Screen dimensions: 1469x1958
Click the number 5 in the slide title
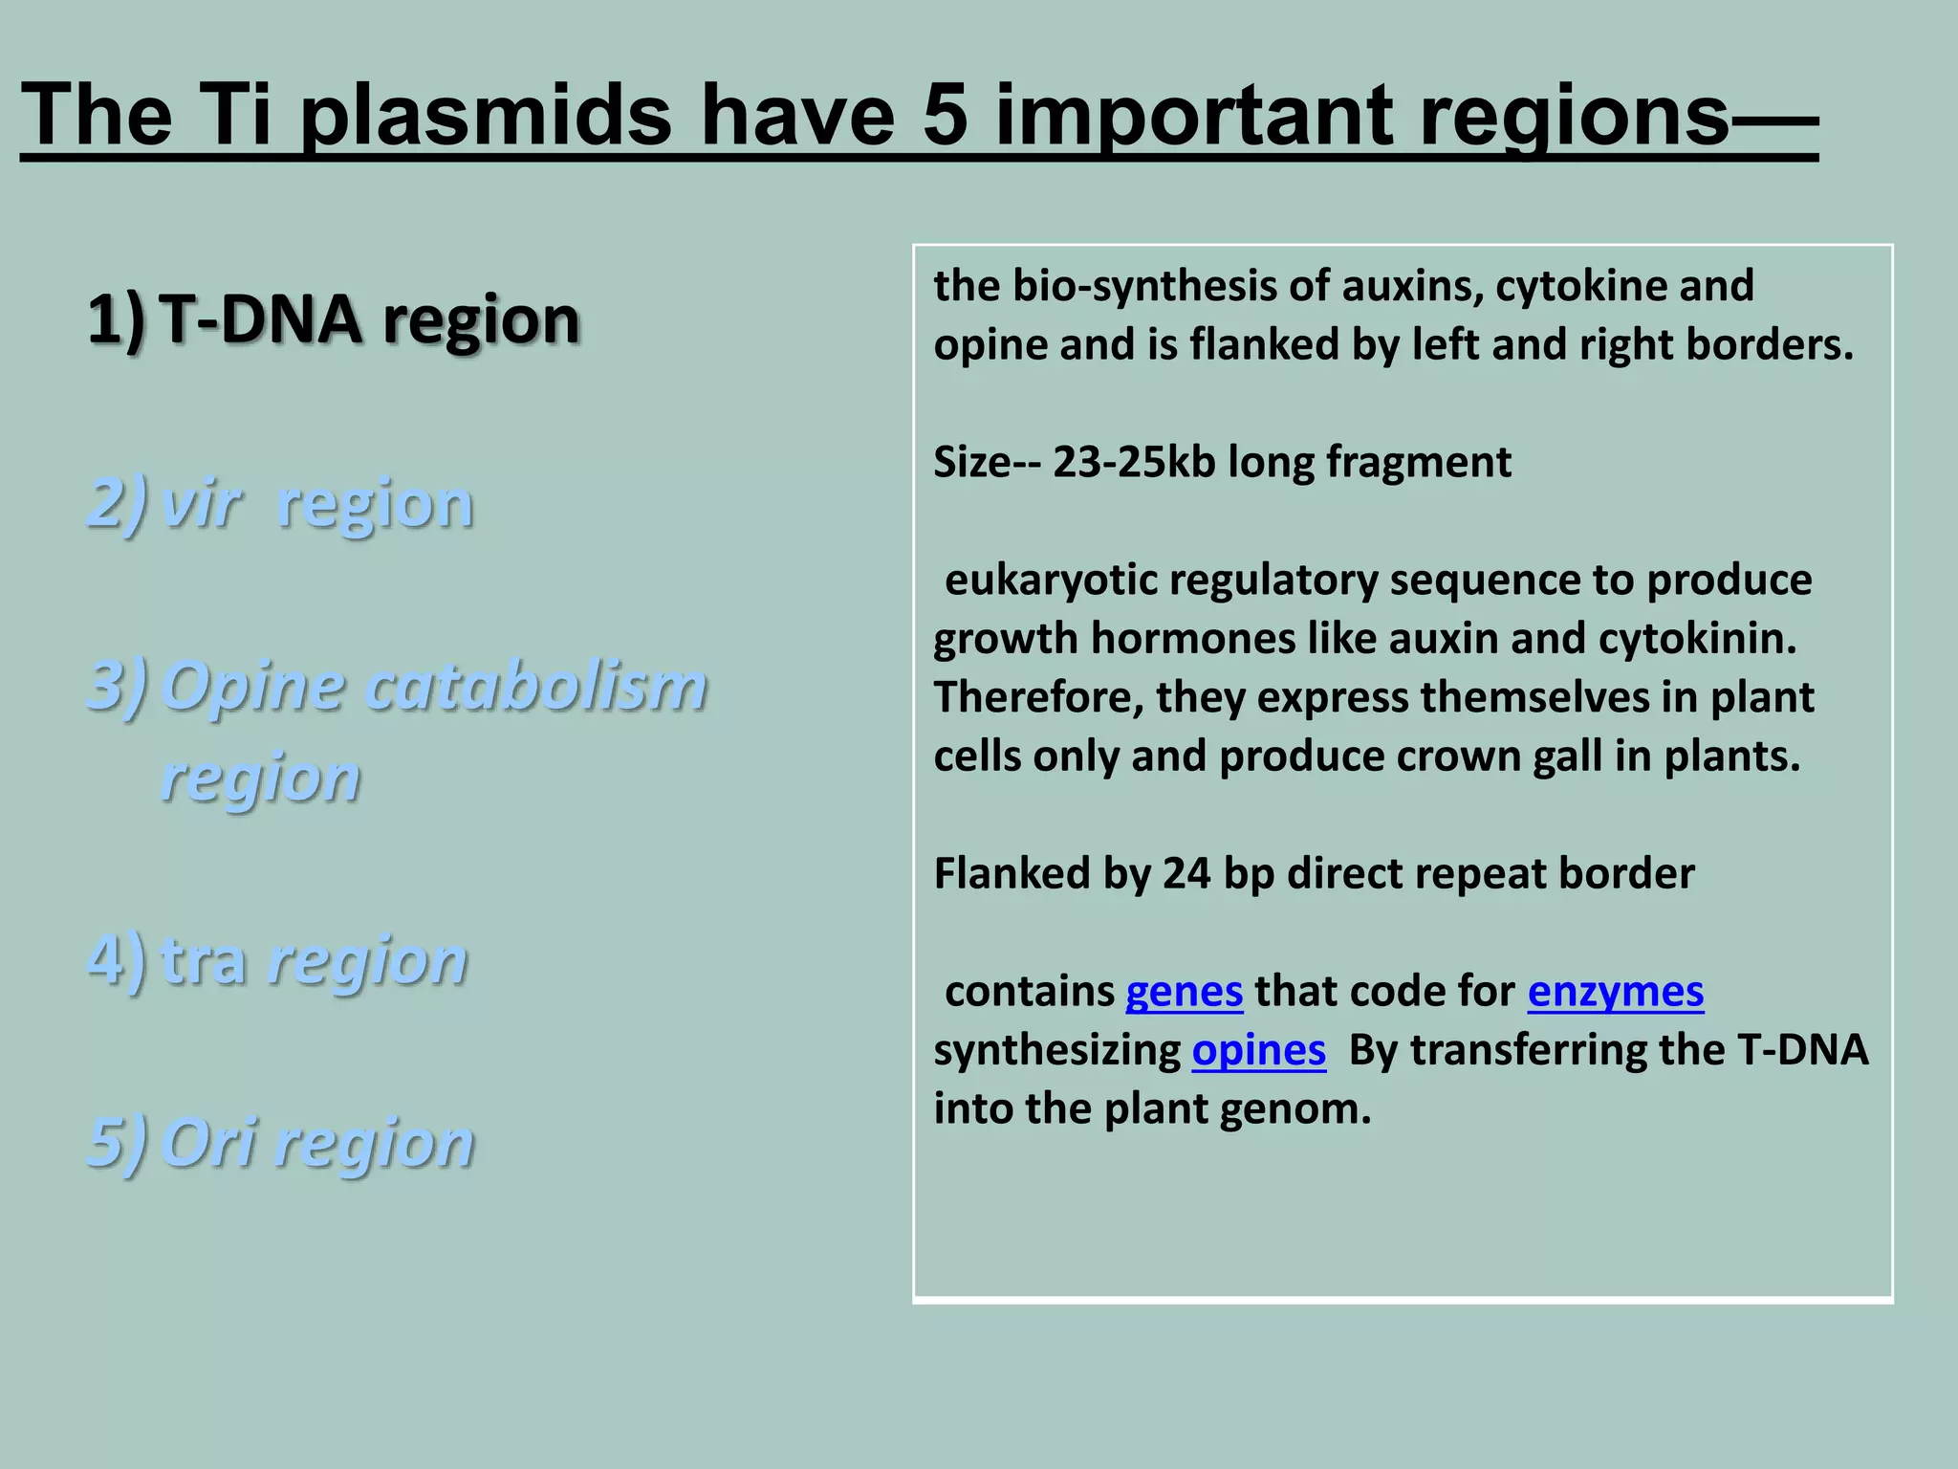pos(946,116)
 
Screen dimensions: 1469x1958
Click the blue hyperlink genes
pos(1184,992)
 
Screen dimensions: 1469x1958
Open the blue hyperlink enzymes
pos(1615,992)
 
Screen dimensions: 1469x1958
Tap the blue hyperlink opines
pos(1258,1051)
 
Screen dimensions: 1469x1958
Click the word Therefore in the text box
pos(1038,697)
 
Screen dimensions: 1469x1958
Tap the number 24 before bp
pos(1186,874)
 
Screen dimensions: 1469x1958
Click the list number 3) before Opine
pos(117,687)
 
